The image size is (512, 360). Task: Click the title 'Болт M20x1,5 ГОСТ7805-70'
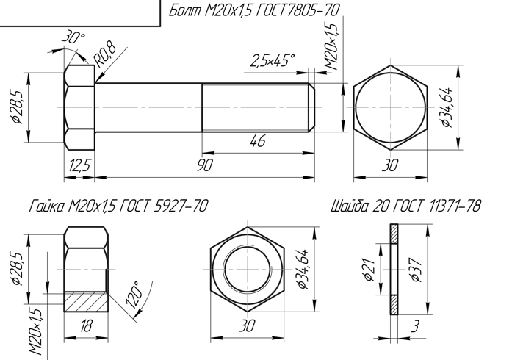tap(254, 10)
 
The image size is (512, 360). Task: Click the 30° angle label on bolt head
tap(73, 37)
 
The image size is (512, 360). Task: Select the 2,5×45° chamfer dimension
tap(273, 60)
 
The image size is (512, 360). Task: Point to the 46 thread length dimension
tap(258, 141)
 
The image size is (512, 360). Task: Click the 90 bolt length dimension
tap(205, 165)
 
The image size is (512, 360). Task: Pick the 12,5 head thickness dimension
tap(79, 165)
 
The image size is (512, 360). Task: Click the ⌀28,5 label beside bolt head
tap(18, 107)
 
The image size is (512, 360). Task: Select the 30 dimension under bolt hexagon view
tap(390, 165)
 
